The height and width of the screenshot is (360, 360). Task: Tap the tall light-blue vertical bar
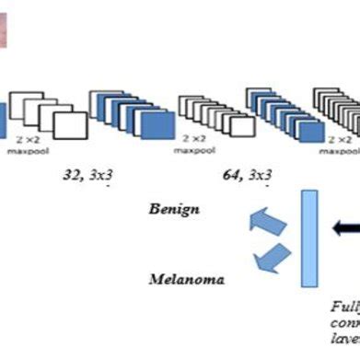click(309, 238)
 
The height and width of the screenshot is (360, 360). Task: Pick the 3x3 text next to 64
click(261, 172)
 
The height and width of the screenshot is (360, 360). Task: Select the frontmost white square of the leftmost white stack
click(66, 126)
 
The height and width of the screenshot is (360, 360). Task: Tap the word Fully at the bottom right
click(345, 308)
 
